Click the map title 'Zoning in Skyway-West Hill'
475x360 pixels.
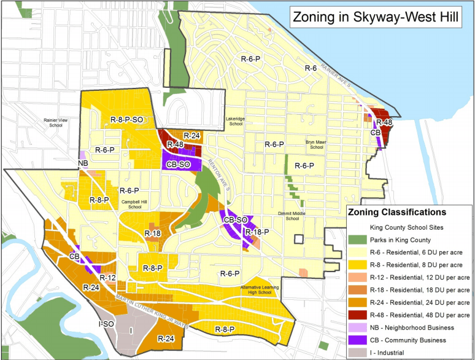tap(376, 17)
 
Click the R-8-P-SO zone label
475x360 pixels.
tap(131, 119)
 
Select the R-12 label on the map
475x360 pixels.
tap(109, 278)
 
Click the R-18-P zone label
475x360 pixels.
tap(257, 232)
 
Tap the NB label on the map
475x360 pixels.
tap(83, 163)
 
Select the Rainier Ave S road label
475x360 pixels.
tap(337, 79)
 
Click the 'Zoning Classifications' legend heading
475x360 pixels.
tap(396, 212)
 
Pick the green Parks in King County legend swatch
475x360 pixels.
tap(358, 240)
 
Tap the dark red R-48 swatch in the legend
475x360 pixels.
tap(358, 314)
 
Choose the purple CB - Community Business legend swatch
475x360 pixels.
tap(358, 339)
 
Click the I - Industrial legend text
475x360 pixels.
tap(404, 352)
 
